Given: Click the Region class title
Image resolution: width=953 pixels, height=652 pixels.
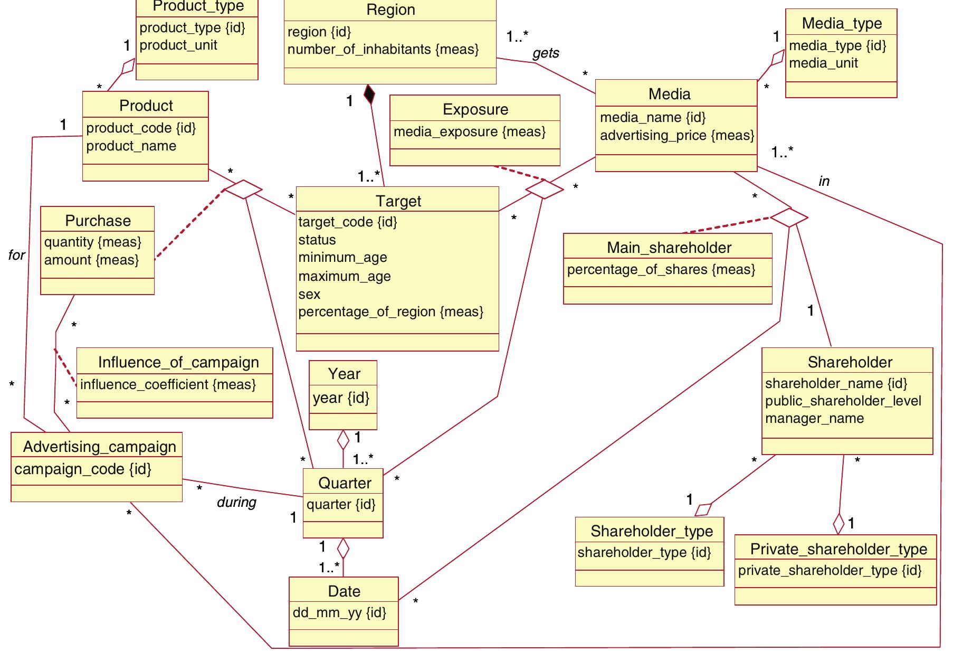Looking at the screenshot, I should (390, 10).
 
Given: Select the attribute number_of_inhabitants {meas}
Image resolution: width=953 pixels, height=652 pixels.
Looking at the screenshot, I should (383, 50).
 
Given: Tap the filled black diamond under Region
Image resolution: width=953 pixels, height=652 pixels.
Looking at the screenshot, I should (369, 95).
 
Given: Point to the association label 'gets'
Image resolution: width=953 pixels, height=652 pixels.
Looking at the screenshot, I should (546, 53).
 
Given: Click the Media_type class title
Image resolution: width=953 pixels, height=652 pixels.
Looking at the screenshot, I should (842, 23).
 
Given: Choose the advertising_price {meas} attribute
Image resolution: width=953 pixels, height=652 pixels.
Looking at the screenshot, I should (677, 136).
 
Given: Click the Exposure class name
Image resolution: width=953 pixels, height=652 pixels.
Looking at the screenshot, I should (475, 109).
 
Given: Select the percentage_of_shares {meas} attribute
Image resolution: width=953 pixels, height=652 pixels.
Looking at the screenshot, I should (661, 270).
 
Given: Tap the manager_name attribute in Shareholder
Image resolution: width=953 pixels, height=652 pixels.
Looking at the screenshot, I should (814, 419).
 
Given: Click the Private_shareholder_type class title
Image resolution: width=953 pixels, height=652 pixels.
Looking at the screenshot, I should (838, 549).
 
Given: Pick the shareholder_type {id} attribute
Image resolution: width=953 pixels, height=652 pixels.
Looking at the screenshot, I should (644, 553).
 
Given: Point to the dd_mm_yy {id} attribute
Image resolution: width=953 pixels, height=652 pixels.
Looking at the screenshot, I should (339, 612).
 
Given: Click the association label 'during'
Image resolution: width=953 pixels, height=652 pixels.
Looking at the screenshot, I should (236, 502).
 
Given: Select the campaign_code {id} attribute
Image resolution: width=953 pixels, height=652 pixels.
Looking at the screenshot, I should (83, 469).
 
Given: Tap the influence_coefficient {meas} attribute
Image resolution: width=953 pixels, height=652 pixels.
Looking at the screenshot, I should (168, 384).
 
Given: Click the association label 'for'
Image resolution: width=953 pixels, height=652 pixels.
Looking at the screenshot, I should (16, 256).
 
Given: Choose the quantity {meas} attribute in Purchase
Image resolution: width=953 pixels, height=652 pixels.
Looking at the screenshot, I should (93, 242).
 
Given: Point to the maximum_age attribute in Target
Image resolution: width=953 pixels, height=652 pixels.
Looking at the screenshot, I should (345, 277).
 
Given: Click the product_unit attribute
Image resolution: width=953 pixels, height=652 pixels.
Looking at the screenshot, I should (178, 45).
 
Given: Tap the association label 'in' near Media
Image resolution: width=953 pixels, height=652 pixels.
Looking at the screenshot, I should (824, 182).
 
